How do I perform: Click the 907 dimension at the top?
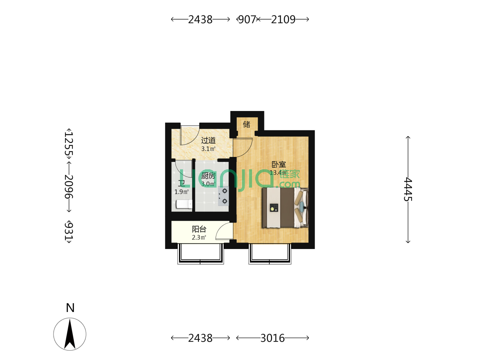tap(247, 20)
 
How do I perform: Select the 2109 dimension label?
tap(283, 20)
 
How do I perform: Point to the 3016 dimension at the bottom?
tap(272, 338)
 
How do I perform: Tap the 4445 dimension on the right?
tap(408, 189)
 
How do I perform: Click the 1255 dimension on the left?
tap(69, 143)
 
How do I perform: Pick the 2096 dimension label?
tap(69, 186)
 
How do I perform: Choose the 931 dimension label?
tap(69, 231)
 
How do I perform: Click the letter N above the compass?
tap(70, 308)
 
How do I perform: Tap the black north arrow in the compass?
tap(70, 334)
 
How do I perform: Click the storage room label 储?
tap(246, 124)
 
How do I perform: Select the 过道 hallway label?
tap(208, 140)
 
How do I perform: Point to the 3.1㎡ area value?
tap(208, 149)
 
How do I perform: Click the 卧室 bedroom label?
tap(279, 164)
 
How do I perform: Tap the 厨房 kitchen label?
tap(208, 176)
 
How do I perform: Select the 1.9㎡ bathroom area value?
tap(181, 192)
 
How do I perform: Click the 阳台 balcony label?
tap(199, 229)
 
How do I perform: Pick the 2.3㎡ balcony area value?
tap(199, 237)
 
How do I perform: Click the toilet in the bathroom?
tap(184, 204)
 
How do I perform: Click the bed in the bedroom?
tap(285, 208)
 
